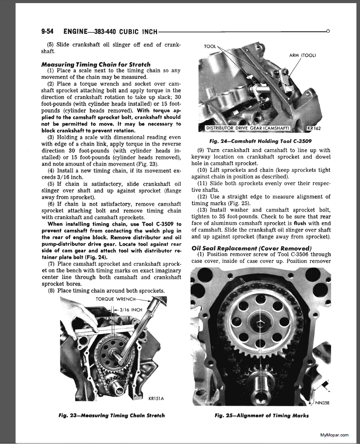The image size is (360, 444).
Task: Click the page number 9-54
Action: (x=47, y=32)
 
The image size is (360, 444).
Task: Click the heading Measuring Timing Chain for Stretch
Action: (x=96, y=64)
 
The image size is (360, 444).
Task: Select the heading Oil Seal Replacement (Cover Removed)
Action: (x=251, y=248)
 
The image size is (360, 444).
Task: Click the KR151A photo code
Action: (x=156, y=399)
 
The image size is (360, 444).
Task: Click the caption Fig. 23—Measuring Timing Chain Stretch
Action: (x=111, y=415)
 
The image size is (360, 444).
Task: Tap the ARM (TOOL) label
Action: (x=302, y=55)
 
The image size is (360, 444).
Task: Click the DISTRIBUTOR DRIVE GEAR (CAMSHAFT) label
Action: (x=248, y=129)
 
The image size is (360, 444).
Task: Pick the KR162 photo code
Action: (x=314, y=129)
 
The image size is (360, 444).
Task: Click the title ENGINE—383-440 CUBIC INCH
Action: (x=110, y=32)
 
